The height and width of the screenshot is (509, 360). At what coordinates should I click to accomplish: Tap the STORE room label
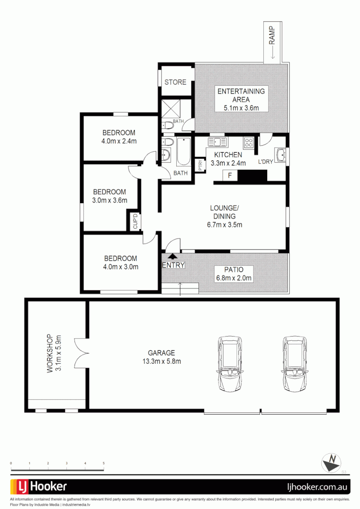click(175, 82)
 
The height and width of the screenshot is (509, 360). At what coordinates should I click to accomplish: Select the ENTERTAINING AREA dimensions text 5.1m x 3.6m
click(241, 108)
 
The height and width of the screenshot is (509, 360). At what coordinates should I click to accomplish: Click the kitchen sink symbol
click(217, 141)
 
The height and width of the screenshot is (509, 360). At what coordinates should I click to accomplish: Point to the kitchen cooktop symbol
click(248, 142)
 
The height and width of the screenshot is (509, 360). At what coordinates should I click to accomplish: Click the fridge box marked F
click(230, 176)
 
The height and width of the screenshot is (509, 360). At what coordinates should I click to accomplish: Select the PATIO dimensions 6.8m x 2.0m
click(234, 278)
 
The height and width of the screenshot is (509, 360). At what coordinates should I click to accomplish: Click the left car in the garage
click(230, 364)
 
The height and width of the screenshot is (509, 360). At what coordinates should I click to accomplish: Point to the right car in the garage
click(295, 364)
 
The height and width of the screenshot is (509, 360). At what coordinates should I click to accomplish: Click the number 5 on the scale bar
click(104, 464)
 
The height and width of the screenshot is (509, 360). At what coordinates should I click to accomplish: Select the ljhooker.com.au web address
click(318, 486)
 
